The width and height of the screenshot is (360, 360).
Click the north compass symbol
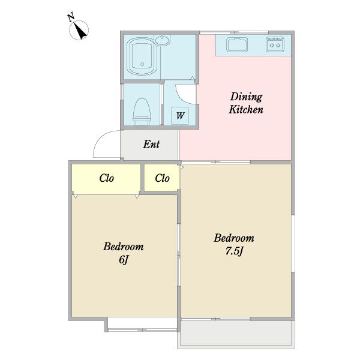(79, 30)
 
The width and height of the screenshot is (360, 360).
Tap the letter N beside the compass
(71, 17)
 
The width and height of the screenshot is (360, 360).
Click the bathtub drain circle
(142, 64)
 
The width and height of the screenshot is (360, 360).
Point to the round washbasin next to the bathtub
(163, 40)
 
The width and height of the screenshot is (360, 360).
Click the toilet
(142, 112)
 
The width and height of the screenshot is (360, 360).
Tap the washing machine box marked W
(180, 116)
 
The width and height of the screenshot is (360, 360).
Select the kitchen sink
(237, 45)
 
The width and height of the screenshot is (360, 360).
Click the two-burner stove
(275, 44)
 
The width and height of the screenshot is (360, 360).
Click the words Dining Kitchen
(246, 103)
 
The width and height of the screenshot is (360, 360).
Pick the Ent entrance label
(151, 145)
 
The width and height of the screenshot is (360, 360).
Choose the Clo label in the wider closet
(107, 178)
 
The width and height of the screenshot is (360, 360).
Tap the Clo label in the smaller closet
(162, 178)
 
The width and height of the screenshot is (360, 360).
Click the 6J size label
(124, 260)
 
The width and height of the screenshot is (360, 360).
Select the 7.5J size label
(234, 251)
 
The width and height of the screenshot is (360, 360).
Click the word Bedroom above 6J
(123, 247)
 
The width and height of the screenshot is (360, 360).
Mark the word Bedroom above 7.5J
(234, 238)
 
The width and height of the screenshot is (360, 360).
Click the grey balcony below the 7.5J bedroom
(236, 334)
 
